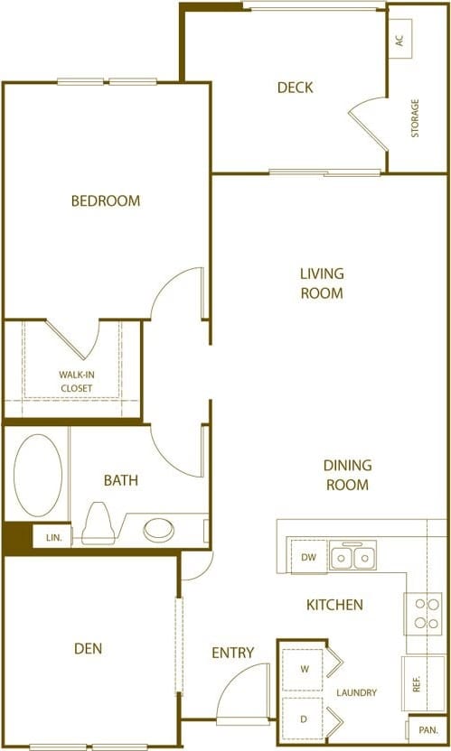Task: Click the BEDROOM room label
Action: tap(106, 200)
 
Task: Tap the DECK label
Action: tap(295, 88)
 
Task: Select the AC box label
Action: tap(399, 41)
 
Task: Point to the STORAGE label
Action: tap(416, 118)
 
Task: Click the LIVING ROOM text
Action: tap(323, 283)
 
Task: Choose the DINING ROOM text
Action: tap(347, 475)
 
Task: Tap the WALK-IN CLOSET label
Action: tap(76, 381)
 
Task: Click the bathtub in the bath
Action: tap(38, 476)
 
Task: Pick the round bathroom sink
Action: tap(160, 529)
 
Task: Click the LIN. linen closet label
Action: tap(54, 537)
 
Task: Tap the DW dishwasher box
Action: tap(308, 557)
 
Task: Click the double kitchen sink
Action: tap(352, 557)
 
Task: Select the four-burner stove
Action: tap(423, 613)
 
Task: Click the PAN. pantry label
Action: tap(427, 728)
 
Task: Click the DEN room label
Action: tap(89, 648)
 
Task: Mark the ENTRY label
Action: tap(232, 653)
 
